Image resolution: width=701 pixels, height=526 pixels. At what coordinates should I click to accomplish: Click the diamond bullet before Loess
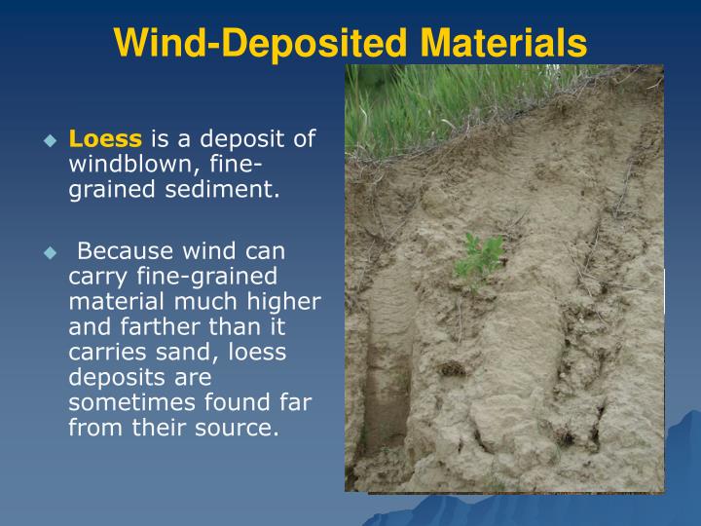pos(52,140)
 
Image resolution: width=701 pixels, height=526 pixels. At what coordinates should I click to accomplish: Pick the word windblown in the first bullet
pos(114,164)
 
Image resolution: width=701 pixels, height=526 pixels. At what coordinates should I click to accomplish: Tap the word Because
pos(124,252)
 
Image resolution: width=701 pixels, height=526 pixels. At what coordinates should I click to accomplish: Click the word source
pos(241,429)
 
